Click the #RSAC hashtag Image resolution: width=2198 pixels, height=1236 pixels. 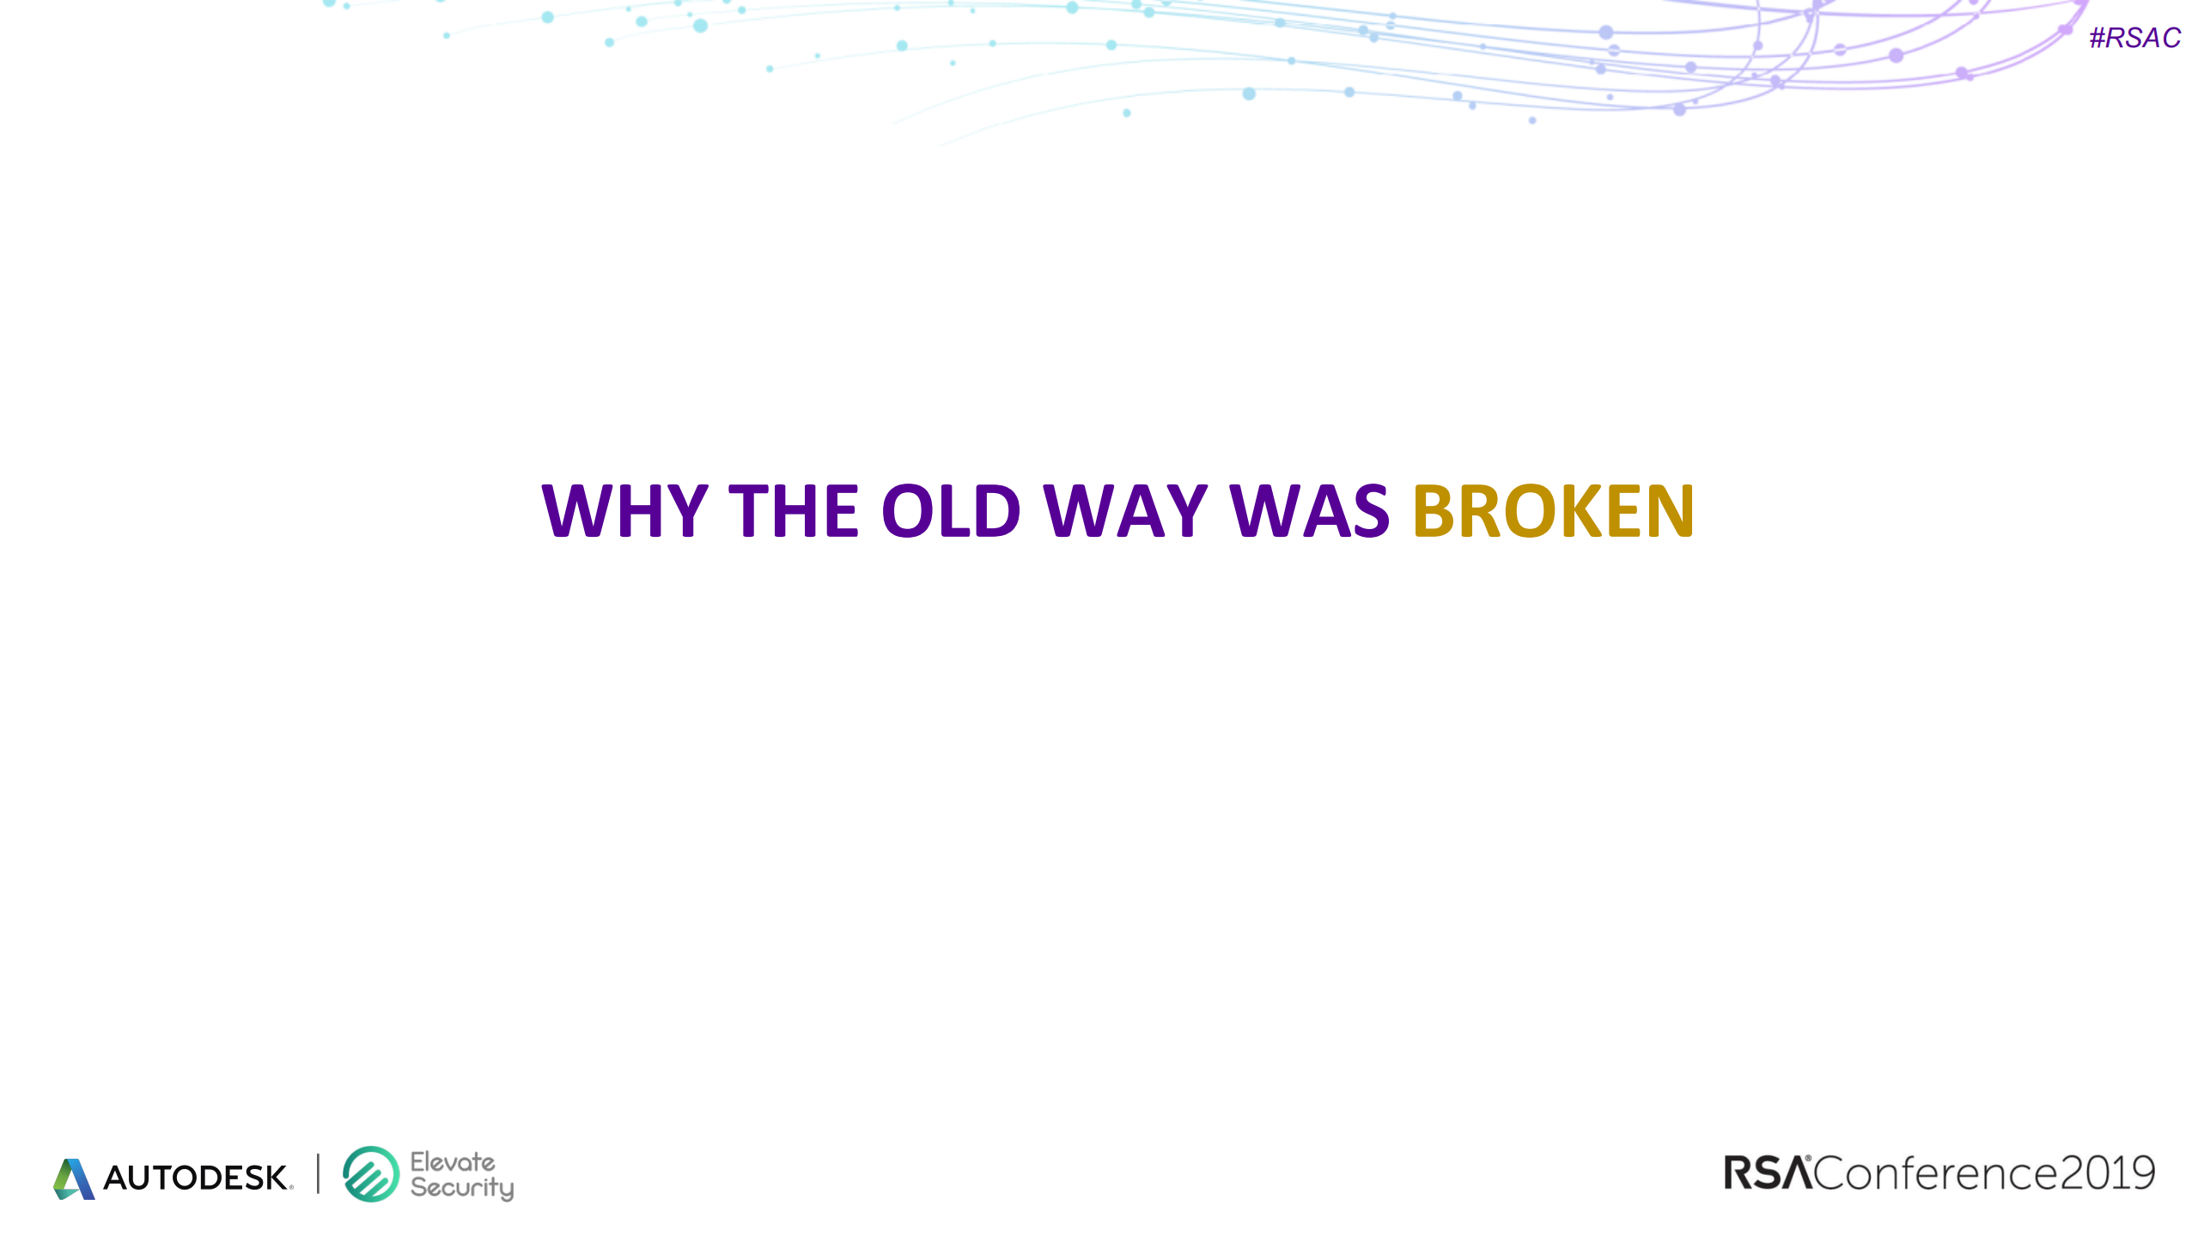click(x=2134, y=38)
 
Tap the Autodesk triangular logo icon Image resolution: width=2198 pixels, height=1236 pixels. click(x=74, y=1178)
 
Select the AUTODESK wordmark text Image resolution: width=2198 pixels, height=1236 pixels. click(x=197, y=1178)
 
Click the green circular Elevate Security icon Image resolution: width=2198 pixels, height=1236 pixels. click(x=371, y=1174)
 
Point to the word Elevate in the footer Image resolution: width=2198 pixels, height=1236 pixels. click(x=453, y=1162)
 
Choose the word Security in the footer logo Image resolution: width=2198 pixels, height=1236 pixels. click(x=462, y=1188)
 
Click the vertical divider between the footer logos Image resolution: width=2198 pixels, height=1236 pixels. click(x=318, y=1173)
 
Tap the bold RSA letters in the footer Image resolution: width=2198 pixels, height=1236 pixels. click(x=1768, y=1173)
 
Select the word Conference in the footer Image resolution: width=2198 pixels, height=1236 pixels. click(x=1936, y=1173)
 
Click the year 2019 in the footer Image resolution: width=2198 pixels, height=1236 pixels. click(x=2108, y=1173)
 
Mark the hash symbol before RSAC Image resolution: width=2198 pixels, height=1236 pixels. click(x=2098, y=38)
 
